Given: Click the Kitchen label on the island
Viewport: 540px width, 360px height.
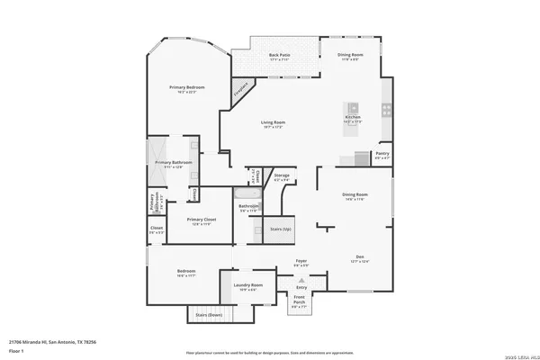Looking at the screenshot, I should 353,117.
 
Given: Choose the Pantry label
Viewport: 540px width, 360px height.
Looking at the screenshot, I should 382,155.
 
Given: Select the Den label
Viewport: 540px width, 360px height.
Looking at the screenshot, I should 359,257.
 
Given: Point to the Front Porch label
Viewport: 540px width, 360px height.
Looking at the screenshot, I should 299,300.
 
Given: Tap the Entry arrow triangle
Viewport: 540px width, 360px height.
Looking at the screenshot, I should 300,280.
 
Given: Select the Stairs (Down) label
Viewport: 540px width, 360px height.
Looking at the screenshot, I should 208,316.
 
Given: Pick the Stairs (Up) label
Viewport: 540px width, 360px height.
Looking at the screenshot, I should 281,229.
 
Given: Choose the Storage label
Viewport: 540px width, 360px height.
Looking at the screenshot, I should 282,175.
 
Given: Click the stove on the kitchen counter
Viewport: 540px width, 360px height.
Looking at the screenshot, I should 387,111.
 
